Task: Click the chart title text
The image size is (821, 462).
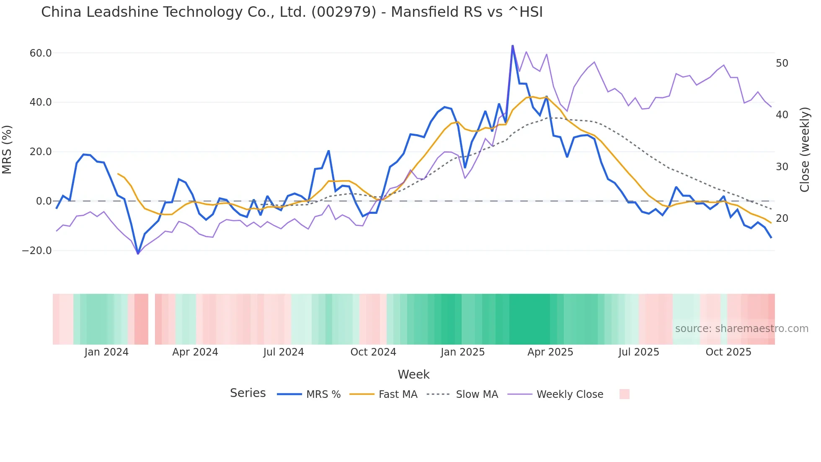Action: (x=292, y=12)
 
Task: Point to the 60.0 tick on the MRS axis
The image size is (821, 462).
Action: (x=41, y=53)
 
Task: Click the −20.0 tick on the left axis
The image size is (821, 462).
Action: (x=37, y=251)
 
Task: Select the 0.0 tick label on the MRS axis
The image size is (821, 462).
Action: (x=44, y=201)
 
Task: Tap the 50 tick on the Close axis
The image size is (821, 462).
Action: (x=782, y=63)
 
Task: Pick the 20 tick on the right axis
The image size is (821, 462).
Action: (x=782, y=218)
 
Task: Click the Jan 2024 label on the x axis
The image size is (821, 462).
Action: (x=106, y=352)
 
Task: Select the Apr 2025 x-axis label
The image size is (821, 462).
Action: (x=550, y=352)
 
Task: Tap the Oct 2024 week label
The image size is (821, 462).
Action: (x=373, y=352)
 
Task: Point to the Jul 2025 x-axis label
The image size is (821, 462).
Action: (x=639, y=352)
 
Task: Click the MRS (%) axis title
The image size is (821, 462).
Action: (x=7, y=149)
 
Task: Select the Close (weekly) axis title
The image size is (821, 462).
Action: (x=805, y=150)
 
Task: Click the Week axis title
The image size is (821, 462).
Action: (x=413, y=374)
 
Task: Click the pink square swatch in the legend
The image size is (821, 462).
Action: (x=624, y=394)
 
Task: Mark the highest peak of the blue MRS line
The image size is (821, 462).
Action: (x=512, y=46)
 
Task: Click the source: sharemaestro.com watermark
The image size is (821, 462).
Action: (x=741, y=329)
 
